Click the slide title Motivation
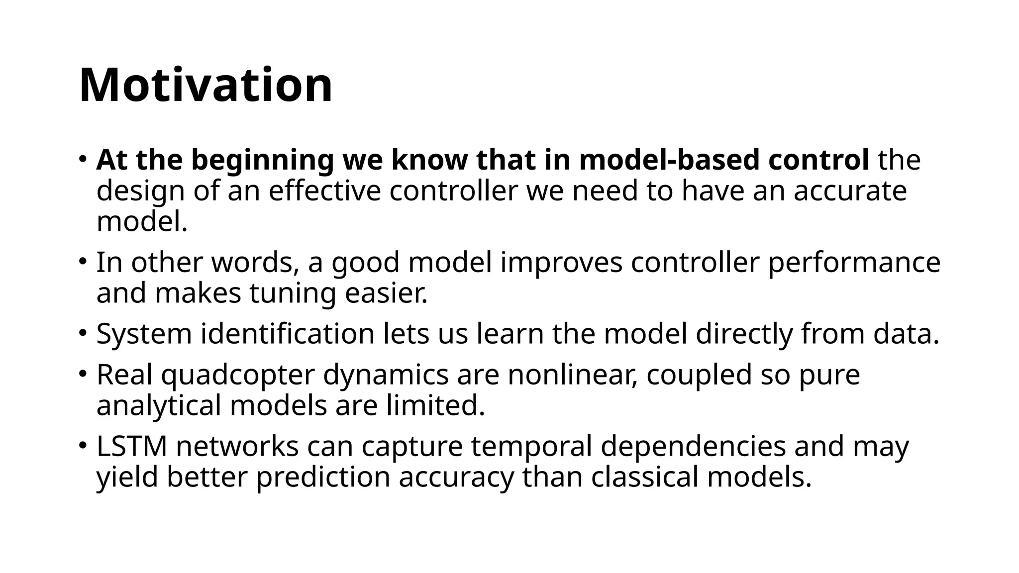coord(205,85)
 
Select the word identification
coord(288,334)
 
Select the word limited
coord(435,405)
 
